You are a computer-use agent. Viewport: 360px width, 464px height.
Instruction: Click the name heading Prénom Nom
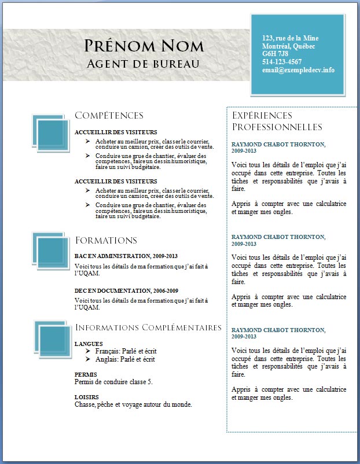(144, 46)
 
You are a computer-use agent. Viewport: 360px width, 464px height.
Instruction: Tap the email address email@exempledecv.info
(298, 69)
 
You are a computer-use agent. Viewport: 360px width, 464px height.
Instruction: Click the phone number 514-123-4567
(282, 61)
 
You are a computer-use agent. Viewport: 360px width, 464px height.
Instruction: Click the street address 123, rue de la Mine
(290, 38)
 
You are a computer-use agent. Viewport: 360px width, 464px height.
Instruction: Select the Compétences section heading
(109, 116)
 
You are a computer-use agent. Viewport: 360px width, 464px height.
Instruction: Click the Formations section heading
(106, 240)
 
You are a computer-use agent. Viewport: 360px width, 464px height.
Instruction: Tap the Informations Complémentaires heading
(148, 327)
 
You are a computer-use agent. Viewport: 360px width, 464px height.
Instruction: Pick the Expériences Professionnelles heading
(277, 121)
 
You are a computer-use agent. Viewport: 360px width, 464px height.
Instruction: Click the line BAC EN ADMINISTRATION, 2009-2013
(126, 256)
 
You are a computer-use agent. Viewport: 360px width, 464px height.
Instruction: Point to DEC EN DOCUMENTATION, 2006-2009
(126, 290)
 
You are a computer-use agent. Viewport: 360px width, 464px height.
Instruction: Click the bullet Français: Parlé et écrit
(126, 351)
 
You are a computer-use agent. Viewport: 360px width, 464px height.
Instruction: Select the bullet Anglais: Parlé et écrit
(125, 359)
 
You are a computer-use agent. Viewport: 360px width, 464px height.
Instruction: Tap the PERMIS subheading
(86, 374)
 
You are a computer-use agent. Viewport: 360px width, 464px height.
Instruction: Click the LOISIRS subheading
(86, 397)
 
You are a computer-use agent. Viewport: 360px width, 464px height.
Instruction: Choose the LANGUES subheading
(89, 344)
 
